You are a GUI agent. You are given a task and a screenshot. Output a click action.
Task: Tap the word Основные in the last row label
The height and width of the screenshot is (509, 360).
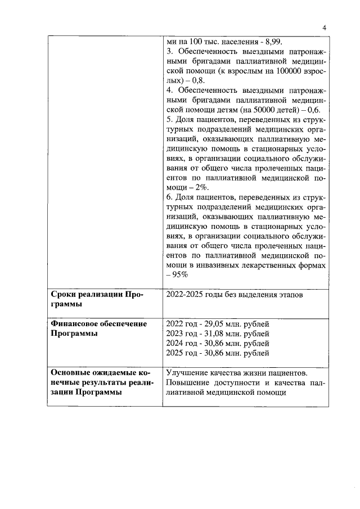[x=71, y=373]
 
